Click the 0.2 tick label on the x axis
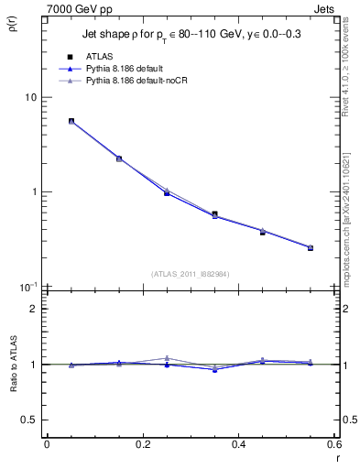pyautogui.click(x=142, y=445)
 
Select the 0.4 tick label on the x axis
pyautogui.click(x=238, y=445)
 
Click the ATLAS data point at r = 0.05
pyautogui.click(x=71, y=121)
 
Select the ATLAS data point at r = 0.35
pyautogui.click(x=214, y=214)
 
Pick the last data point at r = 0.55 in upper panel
pyautogui.click(x=311, y=247)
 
